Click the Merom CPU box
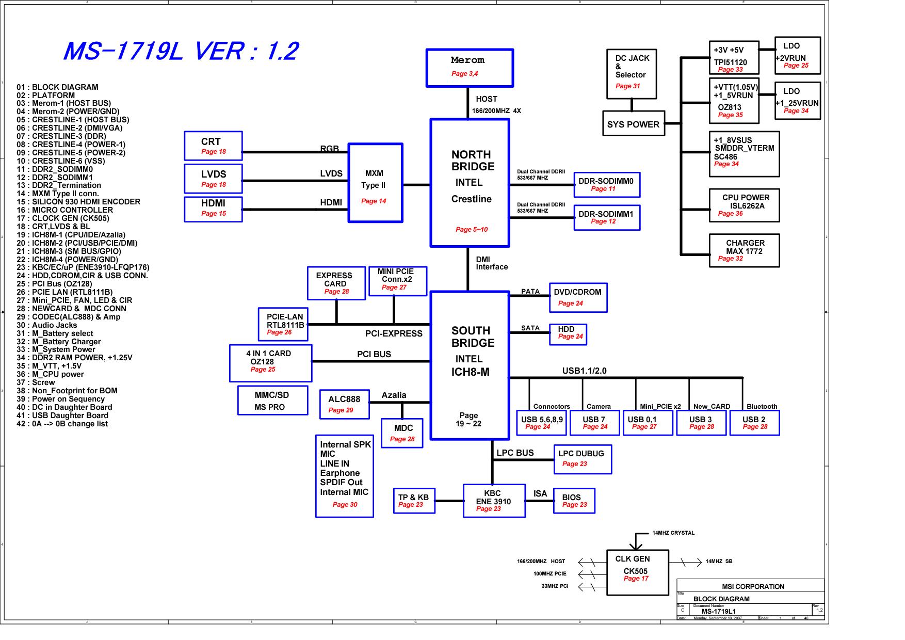(x=470, y=68)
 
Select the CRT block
(x=213, y=146)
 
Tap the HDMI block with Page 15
(x=213, y=209)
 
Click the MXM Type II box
(x=375, y=183)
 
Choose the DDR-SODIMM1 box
(x=607, y=218)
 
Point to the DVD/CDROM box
(x=578, y=298)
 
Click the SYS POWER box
(x=633, y=124)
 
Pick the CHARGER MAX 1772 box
(x=744, y=250)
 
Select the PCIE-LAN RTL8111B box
(x=283, y=324)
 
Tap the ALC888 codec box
(x=345, y=404)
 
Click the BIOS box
(x=574, y=501)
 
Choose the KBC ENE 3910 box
(x=494, y=501)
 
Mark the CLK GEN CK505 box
(x=638, y=572)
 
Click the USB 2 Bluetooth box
(x=754, y=423)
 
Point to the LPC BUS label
(x=515, y=453)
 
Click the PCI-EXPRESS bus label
(x=394, y=333)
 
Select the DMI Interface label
(x=492, y=263)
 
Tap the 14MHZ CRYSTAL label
(x=673, y=533)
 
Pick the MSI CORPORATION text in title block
(x=753, y=586)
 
